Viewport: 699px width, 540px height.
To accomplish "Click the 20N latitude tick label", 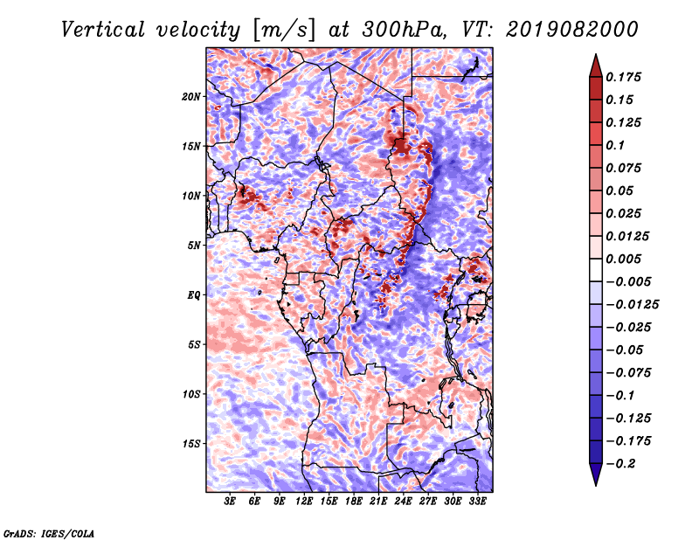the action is pos(191,97).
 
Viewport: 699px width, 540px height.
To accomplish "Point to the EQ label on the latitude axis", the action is pos(194,295).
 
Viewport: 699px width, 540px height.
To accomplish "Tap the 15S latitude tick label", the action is pos(191,444).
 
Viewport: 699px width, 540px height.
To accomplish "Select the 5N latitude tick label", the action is pos(194,246).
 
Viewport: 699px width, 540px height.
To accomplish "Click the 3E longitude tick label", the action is pos(230,502).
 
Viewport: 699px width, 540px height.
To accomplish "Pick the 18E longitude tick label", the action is pos(354,502).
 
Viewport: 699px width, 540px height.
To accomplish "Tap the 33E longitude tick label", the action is pos(477,502).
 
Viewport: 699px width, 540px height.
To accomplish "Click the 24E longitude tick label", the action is pos(403,502).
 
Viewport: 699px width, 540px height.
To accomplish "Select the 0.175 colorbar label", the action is pos(623,77).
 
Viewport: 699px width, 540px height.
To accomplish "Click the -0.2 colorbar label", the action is pos(620,464).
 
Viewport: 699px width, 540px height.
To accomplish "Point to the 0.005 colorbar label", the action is pos(623,259).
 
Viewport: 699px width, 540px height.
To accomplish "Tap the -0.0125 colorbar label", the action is pos(632,305).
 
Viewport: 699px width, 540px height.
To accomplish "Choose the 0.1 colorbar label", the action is pos(615,145).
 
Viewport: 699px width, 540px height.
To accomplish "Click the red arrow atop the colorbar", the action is pos(596,66).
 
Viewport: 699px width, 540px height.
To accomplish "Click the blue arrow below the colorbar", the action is pos(596,474).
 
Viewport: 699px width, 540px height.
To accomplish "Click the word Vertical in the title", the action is pos(103,30).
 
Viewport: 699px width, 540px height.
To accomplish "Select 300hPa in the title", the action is pos(405,30).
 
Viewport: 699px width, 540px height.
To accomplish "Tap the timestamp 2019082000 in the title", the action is pos(572,30).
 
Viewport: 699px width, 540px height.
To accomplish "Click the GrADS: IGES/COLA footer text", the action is pos(49,534).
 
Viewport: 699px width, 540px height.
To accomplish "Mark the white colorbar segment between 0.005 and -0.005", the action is pos(596,270).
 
